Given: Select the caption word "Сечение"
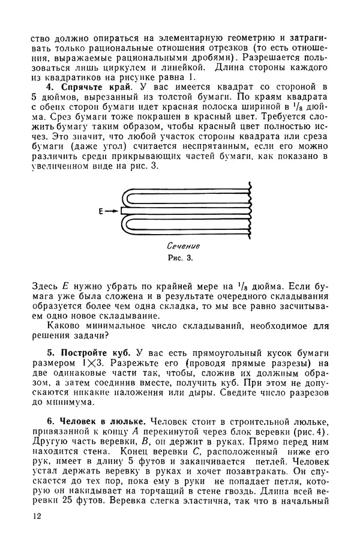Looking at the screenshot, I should click(x=183, y=246).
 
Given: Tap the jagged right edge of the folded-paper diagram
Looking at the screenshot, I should click(x=241, y=211).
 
